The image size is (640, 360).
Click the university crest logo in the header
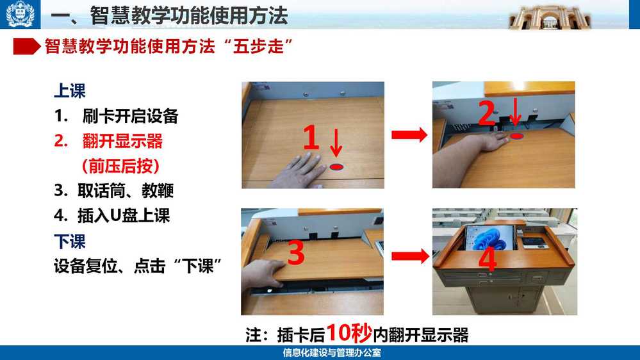20,14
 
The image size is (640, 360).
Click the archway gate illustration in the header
550,17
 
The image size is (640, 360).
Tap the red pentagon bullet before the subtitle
27,47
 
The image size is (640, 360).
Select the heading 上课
70,91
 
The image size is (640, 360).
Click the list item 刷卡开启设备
130,117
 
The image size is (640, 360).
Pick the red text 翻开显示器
122,141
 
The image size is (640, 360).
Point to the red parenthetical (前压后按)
120,166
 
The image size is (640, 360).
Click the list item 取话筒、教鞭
126,191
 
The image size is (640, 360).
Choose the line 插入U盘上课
124,215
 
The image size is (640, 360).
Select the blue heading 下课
70,241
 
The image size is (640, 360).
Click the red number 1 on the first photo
311,138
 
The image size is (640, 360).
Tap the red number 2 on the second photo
486,113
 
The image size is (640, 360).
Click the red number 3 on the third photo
297,252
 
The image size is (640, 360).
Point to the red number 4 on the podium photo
488,259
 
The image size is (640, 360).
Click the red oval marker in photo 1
336,167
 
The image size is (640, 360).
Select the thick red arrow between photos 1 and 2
409,135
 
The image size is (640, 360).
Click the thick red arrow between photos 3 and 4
410,256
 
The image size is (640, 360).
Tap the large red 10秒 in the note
349,332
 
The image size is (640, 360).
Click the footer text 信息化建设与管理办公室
332,353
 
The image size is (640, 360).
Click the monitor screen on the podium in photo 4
489,237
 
